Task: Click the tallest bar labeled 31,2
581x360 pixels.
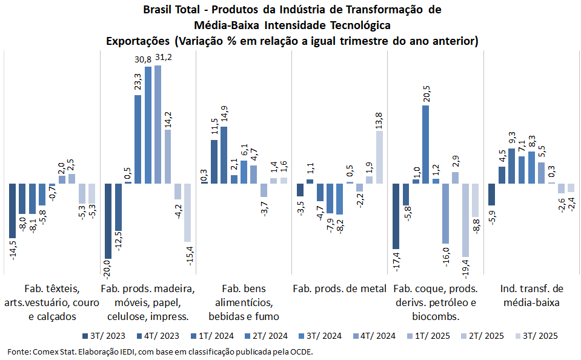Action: tap(158, 124)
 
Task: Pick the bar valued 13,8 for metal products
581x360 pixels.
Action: tap(379, 157)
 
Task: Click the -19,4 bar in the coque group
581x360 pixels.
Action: tap(465, 220)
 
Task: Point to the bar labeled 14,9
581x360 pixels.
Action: tap(224, 155)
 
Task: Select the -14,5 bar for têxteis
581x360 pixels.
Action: tap(12, 210)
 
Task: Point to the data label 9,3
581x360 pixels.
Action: tap(512, 138)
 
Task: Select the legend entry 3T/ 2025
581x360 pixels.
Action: tap(536, 335)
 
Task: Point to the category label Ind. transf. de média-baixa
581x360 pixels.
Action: tap(531, 295)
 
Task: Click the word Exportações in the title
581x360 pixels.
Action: tap(137, 41)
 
